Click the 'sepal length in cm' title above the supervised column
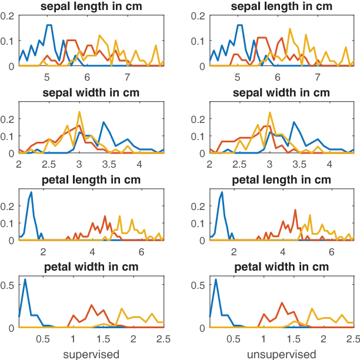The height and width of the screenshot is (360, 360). (x=91, y=6)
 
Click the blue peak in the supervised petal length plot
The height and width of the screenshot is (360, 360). (x=31, y=192)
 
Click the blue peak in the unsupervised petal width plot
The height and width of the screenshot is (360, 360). (x=216, y=279)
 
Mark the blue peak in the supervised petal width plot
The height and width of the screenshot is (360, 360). (x=25, y=279)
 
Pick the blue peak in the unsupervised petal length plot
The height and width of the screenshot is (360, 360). (x=222, y=192)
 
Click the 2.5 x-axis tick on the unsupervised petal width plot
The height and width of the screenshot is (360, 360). (x=353, y=339)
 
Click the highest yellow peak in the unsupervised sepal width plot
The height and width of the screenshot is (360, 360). (x=269, y=113)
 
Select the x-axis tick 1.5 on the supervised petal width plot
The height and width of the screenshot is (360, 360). (x=103, y=339)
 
